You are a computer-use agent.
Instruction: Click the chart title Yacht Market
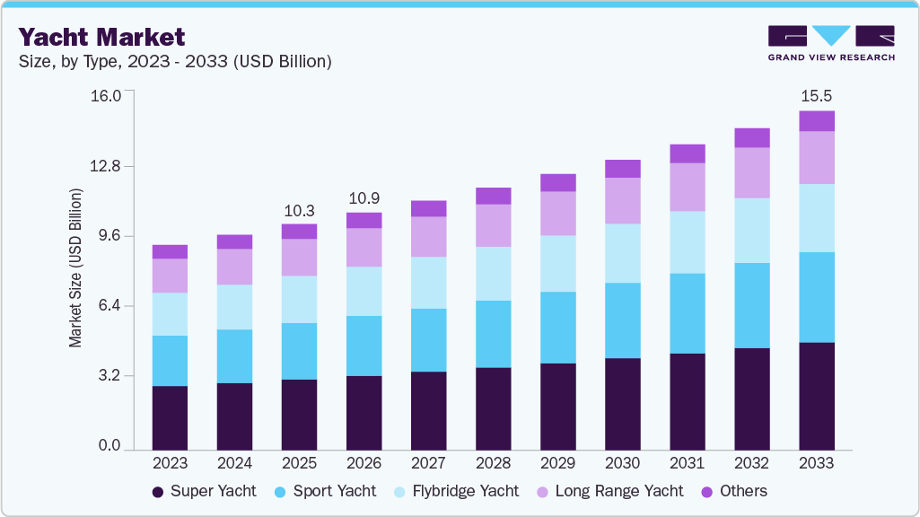click(x=101, y=37)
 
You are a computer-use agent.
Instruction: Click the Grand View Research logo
click(x=831, y=42)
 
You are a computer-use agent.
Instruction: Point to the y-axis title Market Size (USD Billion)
click(x=76, y=268)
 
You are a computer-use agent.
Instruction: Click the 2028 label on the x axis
click(x=493, y=463)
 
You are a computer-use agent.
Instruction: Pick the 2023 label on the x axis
click(x=170, y=463)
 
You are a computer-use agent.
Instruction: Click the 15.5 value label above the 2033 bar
click(x=816, y=95)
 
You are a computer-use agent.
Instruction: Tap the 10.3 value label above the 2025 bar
click(x=299, y=211)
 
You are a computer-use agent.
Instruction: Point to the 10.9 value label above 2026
click(x=364, y=197)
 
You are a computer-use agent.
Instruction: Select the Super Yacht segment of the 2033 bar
click(x=816, y=395)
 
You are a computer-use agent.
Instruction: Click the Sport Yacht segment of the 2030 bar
click(x=622, y=320)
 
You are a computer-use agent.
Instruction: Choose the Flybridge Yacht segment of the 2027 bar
click(x=428, y=283)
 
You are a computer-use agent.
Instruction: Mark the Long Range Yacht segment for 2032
click(x=751, y=172)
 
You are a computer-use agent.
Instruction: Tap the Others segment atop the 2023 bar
click(x=170, y=251)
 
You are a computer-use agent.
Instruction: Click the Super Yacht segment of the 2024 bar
click(x=234, y=416)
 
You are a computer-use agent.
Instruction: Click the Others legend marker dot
click(x=705, y=491)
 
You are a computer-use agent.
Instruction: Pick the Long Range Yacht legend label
click(x=619, y=491)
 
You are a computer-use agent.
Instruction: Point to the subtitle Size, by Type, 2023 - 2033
click(x=176, y=62)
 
